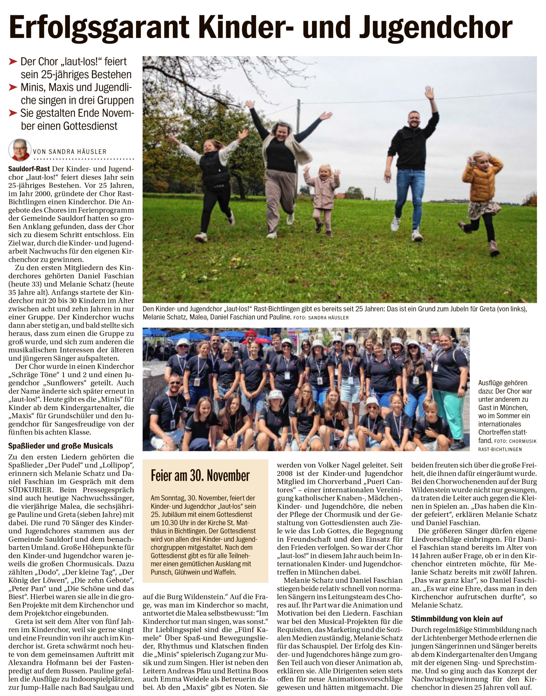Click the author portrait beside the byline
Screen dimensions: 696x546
pos(20,150)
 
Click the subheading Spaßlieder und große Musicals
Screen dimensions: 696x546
pos(61,446)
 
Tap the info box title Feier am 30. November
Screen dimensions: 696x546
pos(200,476)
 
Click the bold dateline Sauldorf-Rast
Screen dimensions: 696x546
pos(29,169)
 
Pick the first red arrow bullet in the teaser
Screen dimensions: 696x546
pos(13,61)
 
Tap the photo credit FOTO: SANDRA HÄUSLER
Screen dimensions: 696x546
pos(321,318)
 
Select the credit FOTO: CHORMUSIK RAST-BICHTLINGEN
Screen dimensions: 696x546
pos(507,445)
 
